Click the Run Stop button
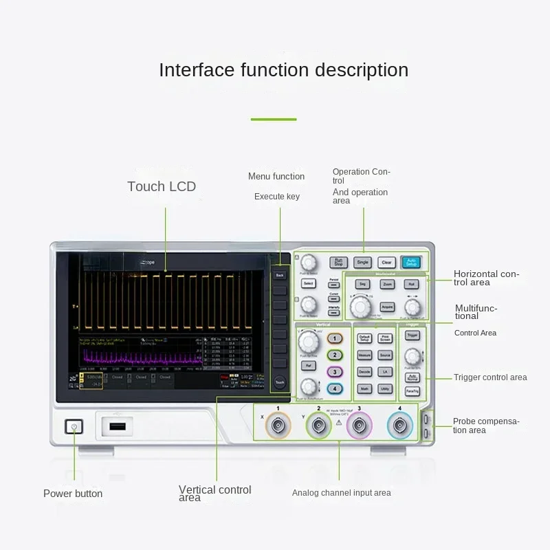(x=338, y=262)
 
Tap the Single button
(x=362, y=262)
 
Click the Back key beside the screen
(x=279, y=275)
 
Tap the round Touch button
(x=279, y=382)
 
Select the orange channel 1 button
(x=334, y=339)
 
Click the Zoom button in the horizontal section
(x=387, y=284)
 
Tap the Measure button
(x=364, y=355)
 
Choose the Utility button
(x=385, y=388)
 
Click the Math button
(x=364, y=388)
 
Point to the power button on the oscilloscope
(x=74, y=428)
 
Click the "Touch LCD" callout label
(x=162, y=186)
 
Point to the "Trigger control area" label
(x=490, y=377)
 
